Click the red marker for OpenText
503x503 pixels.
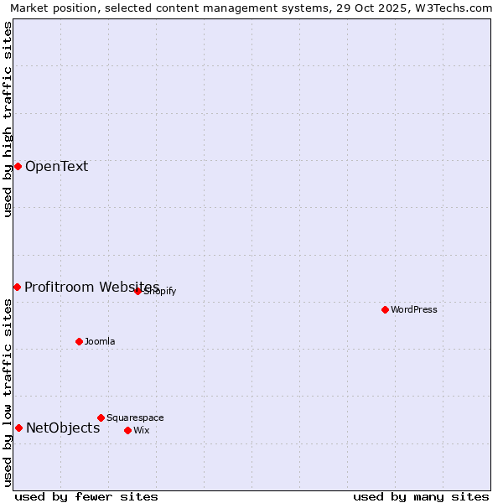18,166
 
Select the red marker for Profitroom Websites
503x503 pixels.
17,287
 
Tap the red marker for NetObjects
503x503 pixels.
18,428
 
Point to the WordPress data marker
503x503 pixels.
385,309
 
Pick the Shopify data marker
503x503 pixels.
137,291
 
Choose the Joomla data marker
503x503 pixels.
79,341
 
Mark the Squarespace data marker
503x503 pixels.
101,417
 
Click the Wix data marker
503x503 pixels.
127,430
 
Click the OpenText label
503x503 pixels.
56,166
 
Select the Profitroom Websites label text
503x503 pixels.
91,287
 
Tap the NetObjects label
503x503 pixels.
63,428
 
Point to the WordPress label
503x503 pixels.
414,309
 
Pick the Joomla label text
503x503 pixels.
100,341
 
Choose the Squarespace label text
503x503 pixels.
135,417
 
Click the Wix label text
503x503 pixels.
142,430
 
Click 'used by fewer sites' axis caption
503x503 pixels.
86,496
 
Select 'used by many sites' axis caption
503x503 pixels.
421,496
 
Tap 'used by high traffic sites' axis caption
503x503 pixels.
8,119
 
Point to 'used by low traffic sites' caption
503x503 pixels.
8,392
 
